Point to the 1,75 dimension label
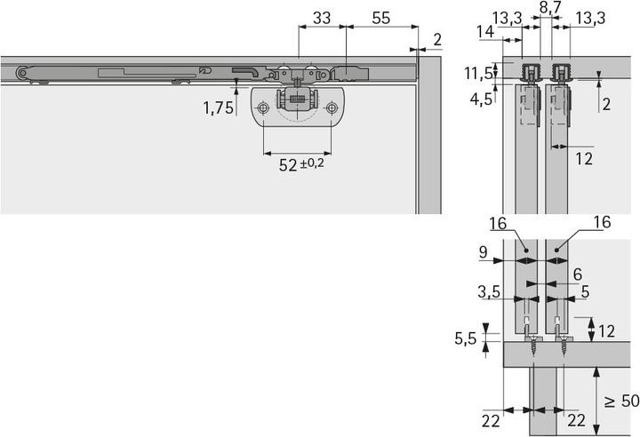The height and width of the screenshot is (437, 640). (x=219, y=108)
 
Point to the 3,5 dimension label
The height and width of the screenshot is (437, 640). (x=485, y=290)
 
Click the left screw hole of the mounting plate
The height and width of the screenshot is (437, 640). (x=263, y=109)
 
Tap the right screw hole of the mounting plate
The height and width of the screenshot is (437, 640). (x=332, y=109)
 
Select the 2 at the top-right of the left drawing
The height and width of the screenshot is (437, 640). (x=438, y=39)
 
